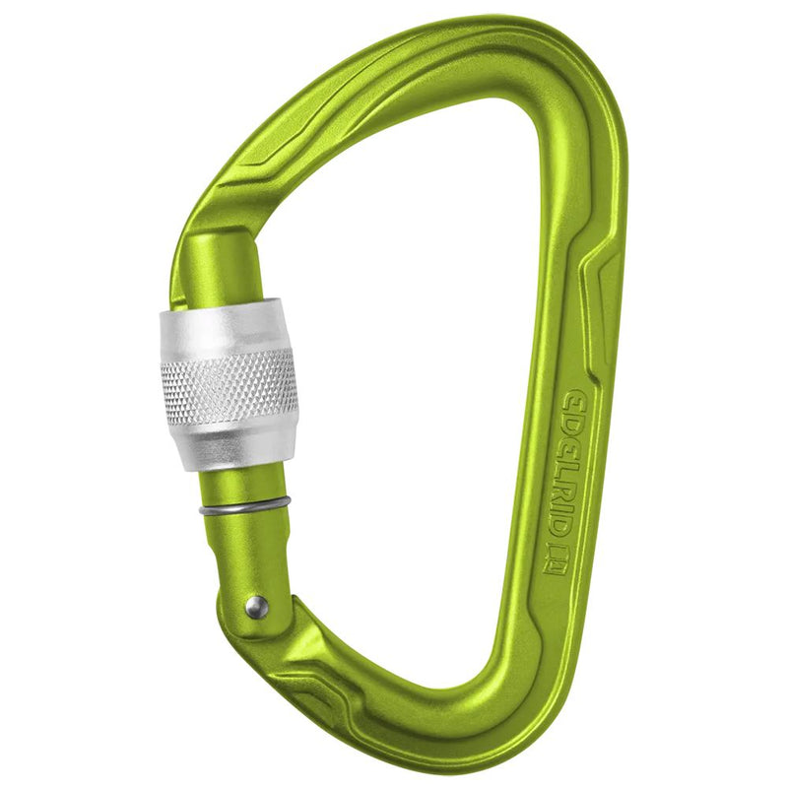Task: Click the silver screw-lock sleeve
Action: point(229,384)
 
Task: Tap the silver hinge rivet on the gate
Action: point(256,605)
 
